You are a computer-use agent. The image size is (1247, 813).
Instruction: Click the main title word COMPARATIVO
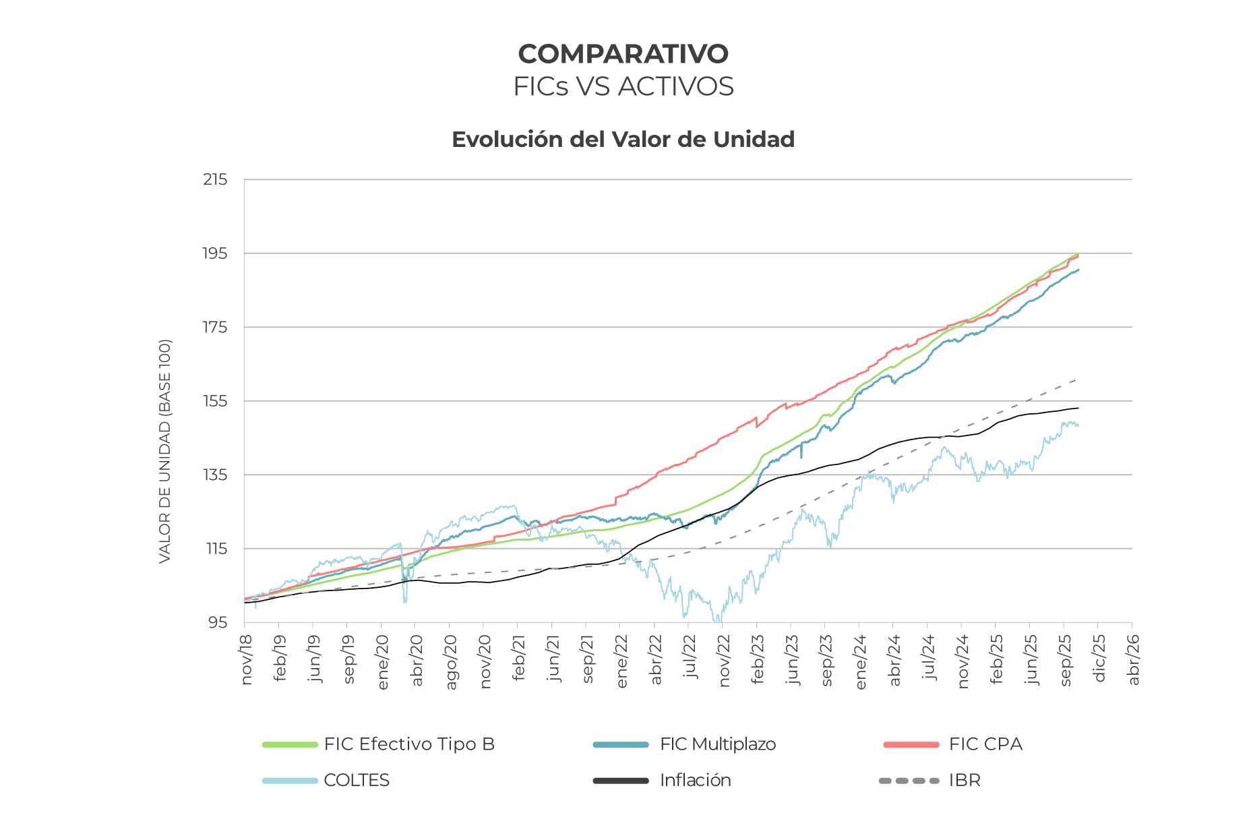623,54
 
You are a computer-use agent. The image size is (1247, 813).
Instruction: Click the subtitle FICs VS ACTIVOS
623,87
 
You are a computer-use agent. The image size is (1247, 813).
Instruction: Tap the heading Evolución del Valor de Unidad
623,140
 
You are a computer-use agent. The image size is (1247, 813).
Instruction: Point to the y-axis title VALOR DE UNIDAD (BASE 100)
165,451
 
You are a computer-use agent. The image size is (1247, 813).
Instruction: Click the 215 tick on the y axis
215,180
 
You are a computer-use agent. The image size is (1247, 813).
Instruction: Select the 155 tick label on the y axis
215,401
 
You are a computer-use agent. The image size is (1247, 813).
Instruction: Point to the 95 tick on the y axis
218,622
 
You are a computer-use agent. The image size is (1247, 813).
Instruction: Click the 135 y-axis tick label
215,475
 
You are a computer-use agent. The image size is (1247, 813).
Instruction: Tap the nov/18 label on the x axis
247,660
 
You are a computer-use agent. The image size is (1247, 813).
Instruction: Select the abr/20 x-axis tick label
417,660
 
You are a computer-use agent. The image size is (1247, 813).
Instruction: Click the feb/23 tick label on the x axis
758,660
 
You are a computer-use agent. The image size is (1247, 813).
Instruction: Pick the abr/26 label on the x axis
1134,660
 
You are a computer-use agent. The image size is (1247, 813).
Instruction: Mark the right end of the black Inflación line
1078,408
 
